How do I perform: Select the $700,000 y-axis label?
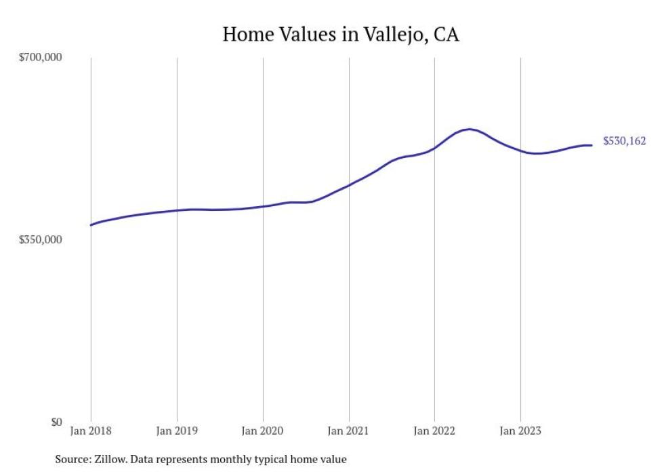[40, 58]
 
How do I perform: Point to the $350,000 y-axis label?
[40, 240]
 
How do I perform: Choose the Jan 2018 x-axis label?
[91, 431]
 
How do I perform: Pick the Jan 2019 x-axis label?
[177, 431]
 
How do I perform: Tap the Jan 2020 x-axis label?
[263, 431]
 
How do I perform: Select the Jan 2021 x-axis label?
[349, 431]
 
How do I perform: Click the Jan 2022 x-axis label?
[434, 431]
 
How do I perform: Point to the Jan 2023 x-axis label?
[520, 431]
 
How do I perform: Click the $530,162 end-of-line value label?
[624, 141]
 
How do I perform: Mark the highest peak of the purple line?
[470, 129]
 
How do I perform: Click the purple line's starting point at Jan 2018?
[91, 225]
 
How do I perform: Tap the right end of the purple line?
[592, 145]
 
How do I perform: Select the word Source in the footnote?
[71, 459]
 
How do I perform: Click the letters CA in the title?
[446, 35]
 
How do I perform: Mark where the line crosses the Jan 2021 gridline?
[349, 184]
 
